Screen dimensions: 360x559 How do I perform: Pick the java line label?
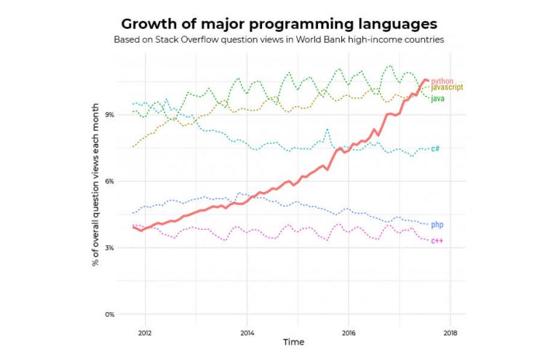point(438,97)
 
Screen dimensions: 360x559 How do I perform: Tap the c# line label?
point(435,148)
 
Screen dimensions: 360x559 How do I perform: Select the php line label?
point(437,225)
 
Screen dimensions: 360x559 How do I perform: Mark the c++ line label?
point(437,240)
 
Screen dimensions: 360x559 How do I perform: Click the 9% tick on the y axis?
point(109,114)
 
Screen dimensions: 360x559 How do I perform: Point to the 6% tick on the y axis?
point(109,181)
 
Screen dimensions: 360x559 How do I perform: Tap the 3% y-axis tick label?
point(109,248)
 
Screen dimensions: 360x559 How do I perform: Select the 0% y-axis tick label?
point(109,315)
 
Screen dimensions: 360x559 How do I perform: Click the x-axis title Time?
point(294,342)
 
